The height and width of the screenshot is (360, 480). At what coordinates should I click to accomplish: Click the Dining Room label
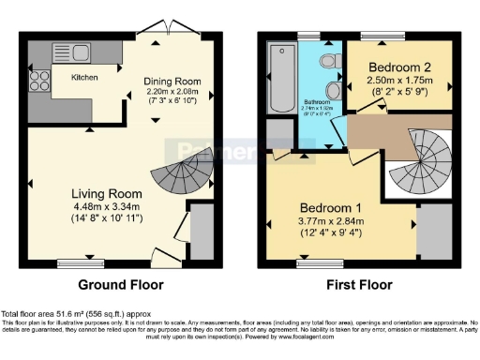pos(172,81)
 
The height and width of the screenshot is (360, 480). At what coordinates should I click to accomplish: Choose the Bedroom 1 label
pos(330,206)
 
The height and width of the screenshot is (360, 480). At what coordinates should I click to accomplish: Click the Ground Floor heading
pos(121,285)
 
